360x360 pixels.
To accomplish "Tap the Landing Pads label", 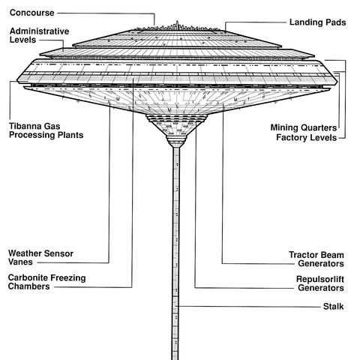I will [x=317, y=22].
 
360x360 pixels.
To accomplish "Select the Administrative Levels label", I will [x=40, y=35].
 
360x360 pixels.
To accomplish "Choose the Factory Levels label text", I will [x=310, y=138].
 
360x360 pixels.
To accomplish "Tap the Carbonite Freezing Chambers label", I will [x=47, y=282].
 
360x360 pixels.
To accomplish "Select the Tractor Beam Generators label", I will [x=316, y=259].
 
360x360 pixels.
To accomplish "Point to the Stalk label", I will [x=333, y=306].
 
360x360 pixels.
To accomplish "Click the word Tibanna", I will [x=29, y=124].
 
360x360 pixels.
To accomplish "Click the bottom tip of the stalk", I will [x=176, y=357].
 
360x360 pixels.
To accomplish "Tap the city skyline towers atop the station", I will [x=176, y=26].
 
